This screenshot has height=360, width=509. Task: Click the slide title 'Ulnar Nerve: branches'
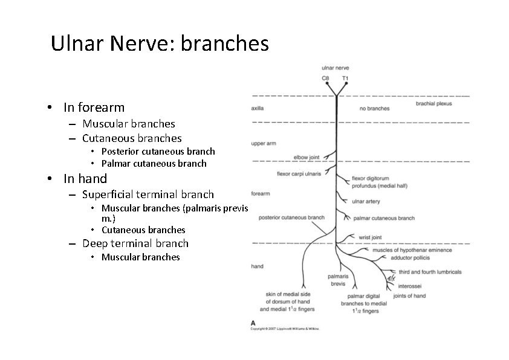click(160, 43)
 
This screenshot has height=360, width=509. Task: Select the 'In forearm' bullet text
click(94, 108)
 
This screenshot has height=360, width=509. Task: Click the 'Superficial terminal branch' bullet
click(148, 194)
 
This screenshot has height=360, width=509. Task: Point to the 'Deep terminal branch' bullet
click(135, 243)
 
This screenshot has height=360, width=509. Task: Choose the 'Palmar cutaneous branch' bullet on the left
click(154, 164)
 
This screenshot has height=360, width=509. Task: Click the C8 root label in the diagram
click(326, 78)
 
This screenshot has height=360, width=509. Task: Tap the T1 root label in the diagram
click(345, 78)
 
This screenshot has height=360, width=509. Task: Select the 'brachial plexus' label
click(433, 104)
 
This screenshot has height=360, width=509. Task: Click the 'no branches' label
click(374, 109)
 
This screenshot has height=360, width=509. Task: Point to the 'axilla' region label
click(257, 109)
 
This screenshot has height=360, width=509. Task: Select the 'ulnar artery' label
click(366, 201)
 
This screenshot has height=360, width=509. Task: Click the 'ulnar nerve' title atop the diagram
click(335, 68)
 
